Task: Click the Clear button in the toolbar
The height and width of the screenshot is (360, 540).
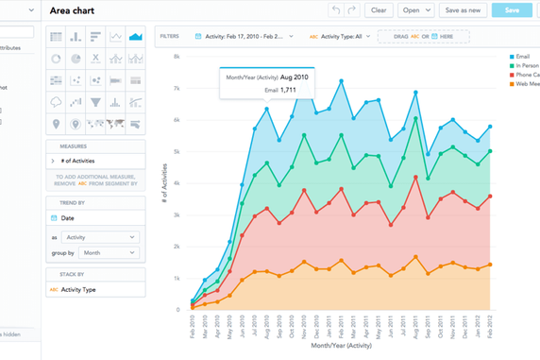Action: coord(379,10)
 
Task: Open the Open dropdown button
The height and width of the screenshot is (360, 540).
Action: coord(415,10)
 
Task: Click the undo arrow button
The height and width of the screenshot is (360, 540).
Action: coord(335,10)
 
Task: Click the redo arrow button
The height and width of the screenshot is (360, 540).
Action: coord(352,10)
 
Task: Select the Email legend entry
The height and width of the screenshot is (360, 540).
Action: coord(521,58)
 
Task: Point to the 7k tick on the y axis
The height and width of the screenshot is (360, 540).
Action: coord(175,88)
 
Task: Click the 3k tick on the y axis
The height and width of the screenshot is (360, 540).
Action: coord(175,214)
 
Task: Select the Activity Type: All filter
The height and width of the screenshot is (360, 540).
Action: coord(339,36)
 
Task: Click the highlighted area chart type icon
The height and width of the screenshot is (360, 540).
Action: coord(136,37)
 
